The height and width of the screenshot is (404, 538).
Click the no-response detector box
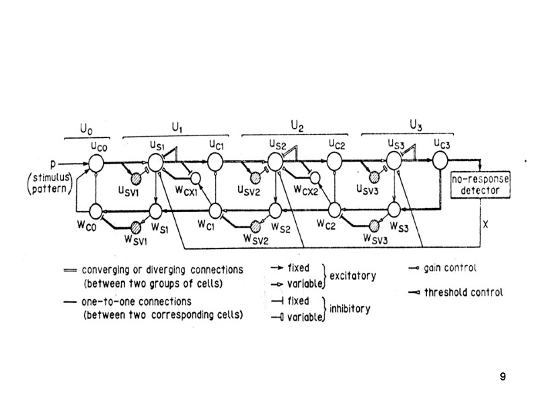click(481, 184)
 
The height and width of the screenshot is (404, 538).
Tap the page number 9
click(502, 376)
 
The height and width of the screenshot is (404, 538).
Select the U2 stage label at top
click(297, 125)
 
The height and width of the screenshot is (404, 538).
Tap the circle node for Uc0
click(96, 163)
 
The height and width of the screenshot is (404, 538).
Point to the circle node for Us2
click(276, 162)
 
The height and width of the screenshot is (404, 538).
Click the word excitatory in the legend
click(353, 276)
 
